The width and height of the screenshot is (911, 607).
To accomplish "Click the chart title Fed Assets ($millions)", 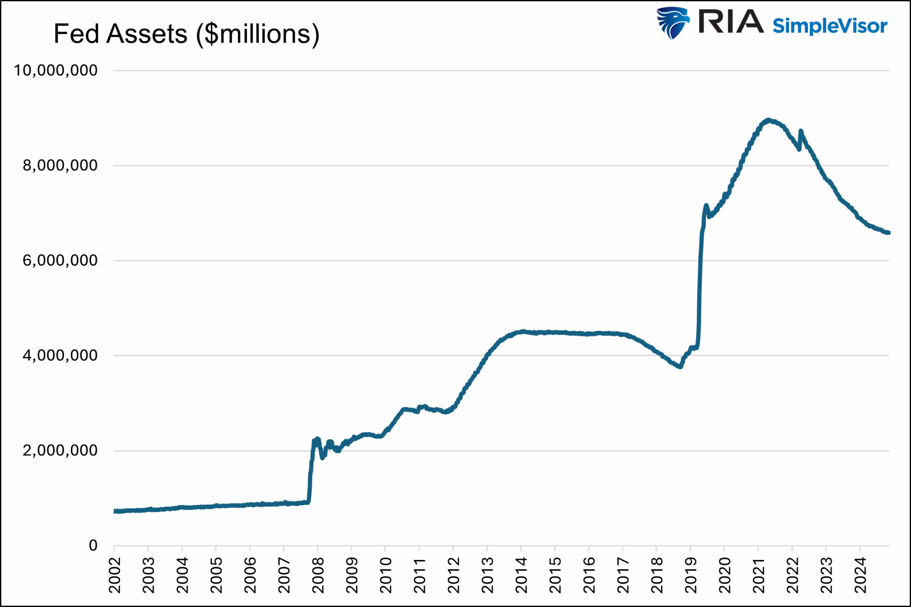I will pos(186,34).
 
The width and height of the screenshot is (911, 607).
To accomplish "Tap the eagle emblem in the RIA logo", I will pos(673,23).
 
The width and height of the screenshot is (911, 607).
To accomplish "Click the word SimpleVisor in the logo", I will pos(830,26).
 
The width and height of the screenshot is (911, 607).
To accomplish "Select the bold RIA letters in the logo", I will pos(730,22).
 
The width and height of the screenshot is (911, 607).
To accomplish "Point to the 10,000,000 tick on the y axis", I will pos(56,70).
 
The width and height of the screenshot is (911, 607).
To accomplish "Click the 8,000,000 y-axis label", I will pos(60,165).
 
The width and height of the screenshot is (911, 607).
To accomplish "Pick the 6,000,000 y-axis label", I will pos(60,260).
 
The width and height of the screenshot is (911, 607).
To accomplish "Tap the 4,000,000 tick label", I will pos(60,355).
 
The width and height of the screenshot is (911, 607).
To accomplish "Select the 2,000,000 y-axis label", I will pos(60,451).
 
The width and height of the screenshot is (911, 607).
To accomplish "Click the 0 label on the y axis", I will pos(93,545).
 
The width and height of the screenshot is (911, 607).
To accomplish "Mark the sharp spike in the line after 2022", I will pos(801,131).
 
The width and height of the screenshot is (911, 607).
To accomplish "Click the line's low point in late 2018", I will pos(680,367).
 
